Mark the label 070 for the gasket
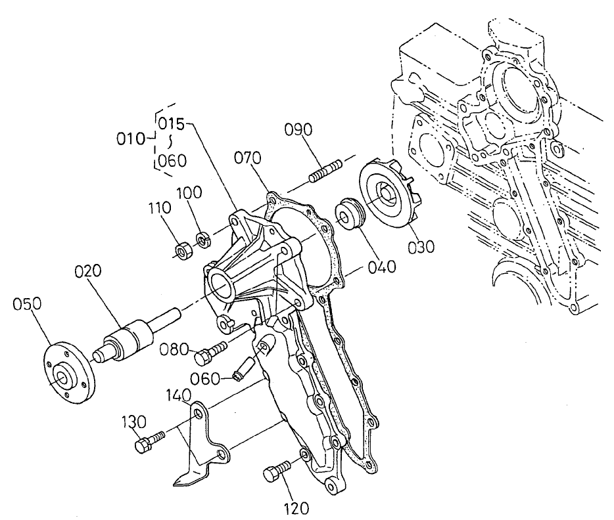[x=248, y=158]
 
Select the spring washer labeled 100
[x=204, y=238]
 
